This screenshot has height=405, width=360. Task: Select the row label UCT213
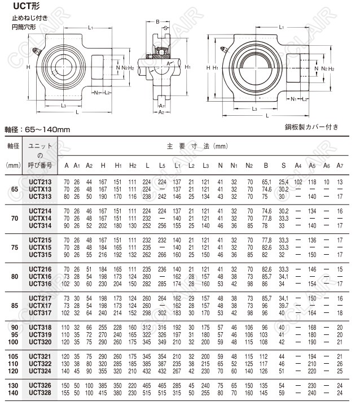click(40, 181)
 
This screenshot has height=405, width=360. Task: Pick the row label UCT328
click(40, 391)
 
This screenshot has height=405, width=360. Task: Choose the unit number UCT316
click(40, 283)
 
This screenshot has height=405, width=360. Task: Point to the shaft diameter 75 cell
click(14, 247)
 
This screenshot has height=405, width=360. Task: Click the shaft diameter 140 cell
click(14, 391)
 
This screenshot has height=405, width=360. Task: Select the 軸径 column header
click(14, 146)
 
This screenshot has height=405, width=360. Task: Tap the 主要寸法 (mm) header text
click(197, 146)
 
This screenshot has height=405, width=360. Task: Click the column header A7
click(340, 165)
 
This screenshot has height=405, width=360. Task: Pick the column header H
click(103, 165)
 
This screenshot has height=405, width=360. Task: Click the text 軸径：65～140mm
click(37, 130)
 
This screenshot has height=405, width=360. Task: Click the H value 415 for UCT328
click(103, 391)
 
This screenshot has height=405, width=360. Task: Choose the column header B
click(266, 165)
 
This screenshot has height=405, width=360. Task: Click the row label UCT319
click(40, 334)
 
